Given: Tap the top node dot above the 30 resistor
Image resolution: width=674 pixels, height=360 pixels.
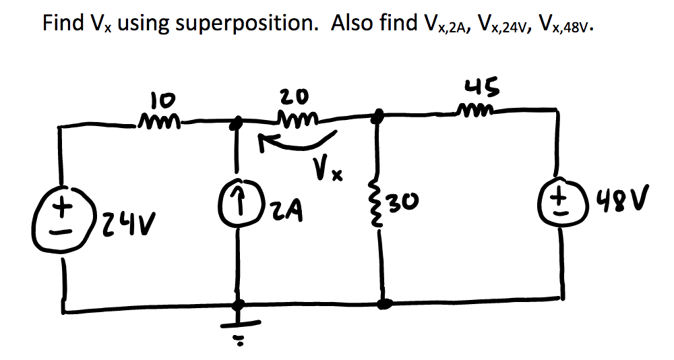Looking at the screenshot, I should [379, 115].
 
